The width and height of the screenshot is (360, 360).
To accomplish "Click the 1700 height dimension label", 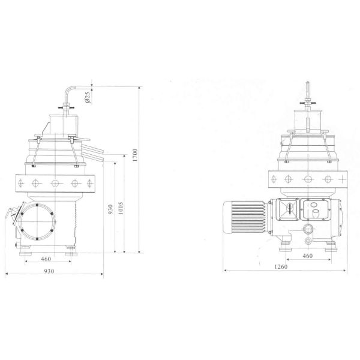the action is (135, 155).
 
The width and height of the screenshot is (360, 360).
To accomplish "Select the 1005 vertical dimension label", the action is (121, 208).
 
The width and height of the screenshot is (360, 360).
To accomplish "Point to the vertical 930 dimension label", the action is (110, 209).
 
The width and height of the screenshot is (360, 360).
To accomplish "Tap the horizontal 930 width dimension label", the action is (49, 271).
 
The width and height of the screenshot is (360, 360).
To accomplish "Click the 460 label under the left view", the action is (46, 259).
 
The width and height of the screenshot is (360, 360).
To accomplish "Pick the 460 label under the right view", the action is (307, 256).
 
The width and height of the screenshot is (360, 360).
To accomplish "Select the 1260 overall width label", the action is (281, 266).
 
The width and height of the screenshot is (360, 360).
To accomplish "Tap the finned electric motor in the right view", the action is (245, 217).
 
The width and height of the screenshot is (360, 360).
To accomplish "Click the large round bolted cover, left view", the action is (37, 222).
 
